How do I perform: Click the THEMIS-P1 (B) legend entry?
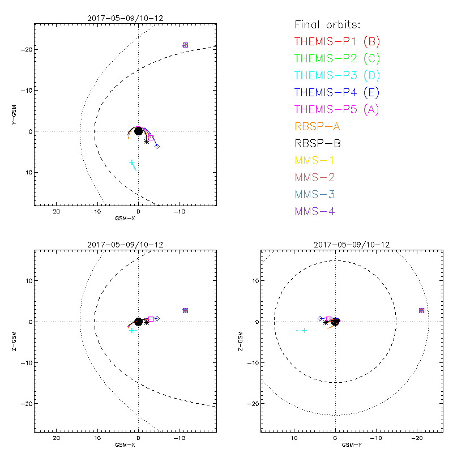[x=337, y=41]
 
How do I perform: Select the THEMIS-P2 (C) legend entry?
[x=337, y=58]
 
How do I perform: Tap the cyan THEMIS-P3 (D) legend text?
[x=337, y=75]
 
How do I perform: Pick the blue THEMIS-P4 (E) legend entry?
[x=337, y=92]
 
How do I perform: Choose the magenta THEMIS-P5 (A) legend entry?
[x=337, y=109]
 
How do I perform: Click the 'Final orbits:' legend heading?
[x=327, y=24]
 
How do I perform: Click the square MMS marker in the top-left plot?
[x=185, y=45]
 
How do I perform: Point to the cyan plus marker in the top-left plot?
[x=131, y=163]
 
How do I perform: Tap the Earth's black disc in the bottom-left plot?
[x=138, y=322]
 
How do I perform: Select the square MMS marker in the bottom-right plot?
[x=421, y=310]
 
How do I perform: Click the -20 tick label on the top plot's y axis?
[x=25, y=50]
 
